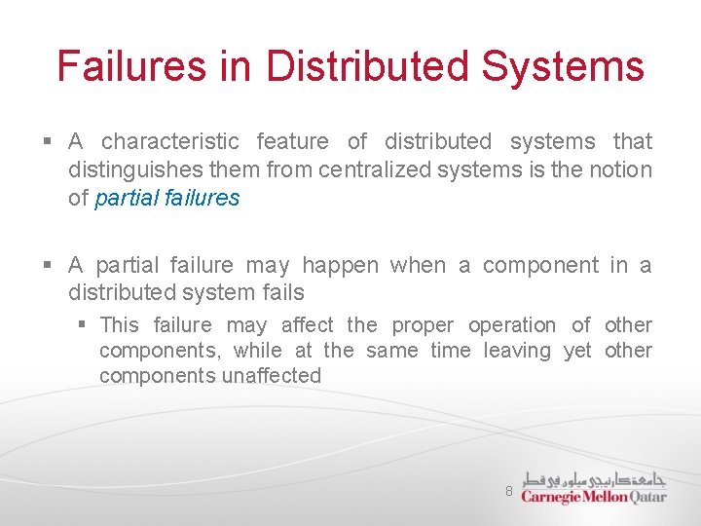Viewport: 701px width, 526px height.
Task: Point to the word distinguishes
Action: coord(131,169)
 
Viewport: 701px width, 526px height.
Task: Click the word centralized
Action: coord(376,169)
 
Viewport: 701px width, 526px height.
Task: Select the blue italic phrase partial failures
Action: coord(166,198)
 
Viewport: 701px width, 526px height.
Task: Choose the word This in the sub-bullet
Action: coord(119,325)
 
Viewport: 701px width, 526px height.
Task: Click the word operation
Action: coord(512,325)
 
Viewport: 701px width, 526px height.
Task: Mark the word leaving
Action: coord(517,351)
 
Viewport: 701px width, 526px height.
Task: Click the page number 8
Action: coord(508,491)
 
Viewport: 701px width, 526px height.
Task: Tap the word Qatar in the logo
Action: coord(648,497)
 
